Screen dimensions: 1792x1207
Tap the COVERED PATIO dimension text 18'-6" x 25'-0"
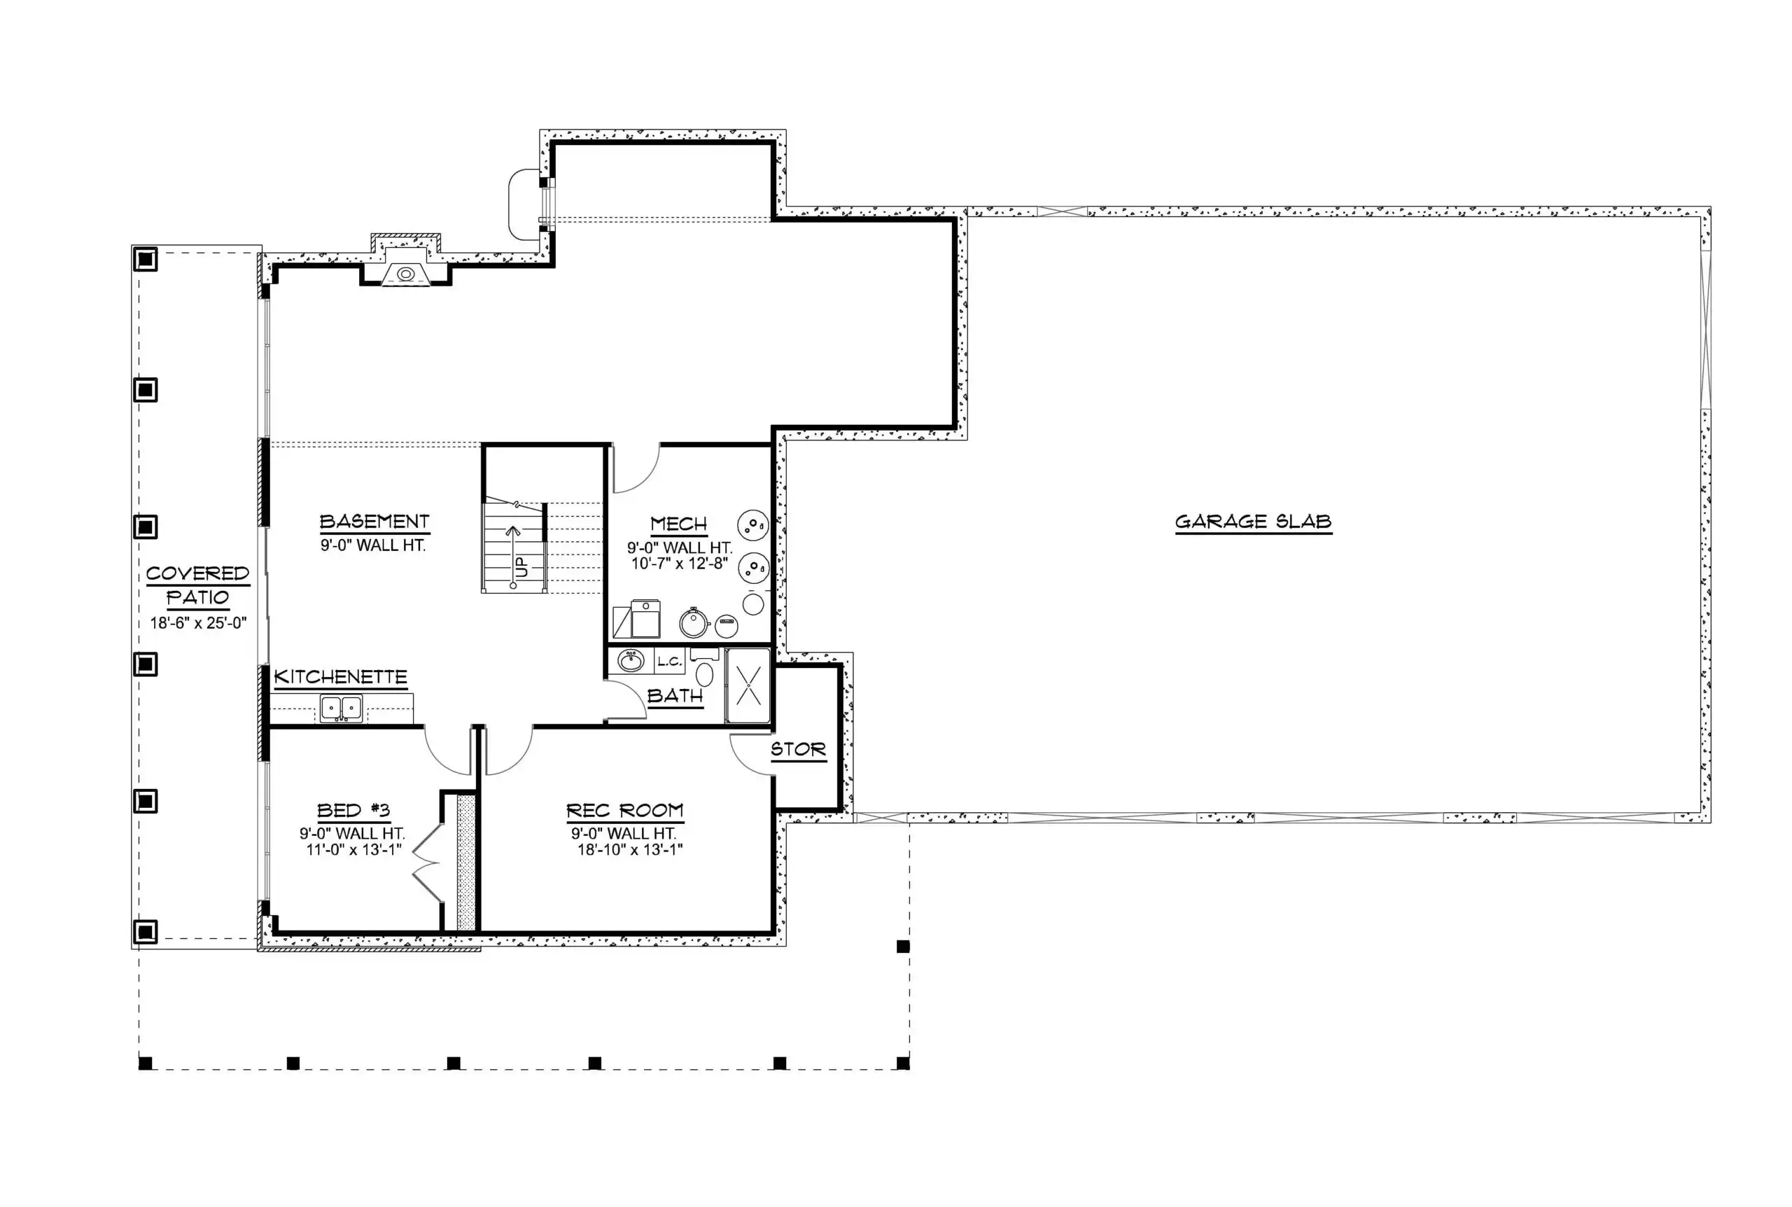click(199, 622)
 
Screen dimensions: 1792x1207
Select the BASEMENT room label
click(374, 522)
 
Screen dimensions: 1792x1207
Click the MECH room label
click(678, 524)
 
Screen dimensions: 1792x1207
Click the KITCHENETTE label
click(341, 678)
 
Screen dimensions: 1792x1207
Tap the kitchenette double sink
click(342, 709)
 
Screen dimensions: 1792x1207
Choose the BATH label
click(675, 696)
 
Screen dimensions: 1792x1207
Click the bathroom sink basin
click(631, 660)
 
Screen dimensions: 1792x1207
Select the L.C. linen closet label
click(668, 661)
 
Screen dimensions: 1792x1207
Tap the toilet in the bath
click(704, 667)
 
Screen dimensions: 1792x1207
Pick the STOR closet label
click(798, 749)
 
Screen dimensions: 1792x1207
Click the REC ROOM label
click(625, 811)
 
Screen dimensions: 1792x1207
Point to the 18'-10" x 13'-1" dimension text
click(630, 850)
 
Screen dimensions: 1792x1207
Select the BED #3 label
click(353, 811)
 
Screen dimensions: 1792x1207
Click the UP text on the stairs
click(522, 567)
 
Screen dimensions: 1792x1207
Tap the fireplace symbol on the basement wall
click(405, 274)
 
